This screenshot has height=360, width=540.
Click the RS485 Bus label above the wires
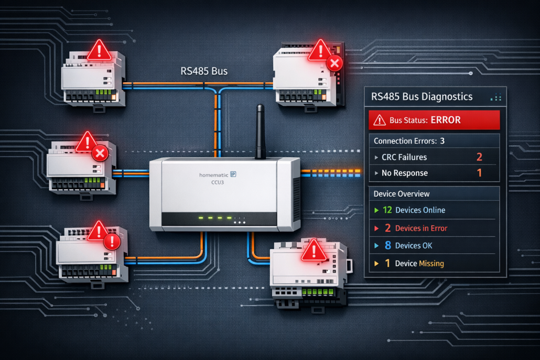point(201,71)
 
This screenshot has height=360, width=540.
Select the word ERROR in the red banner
point(446,120)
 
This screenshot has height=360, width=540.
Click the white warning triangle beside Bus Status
point(378,120)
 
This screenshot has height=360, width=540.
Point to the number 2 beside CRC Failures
point(479,157)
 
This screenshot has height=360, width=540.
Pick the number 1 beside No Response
point(479,172)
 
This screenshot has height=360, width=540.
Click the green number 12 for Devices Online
point(387,210)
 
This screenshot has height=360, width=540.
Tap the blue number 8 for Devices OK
point(387,245)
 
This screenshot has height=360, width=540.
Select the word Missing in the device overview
point(431,263)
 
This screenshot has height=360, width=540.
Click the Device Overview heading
point(402,193)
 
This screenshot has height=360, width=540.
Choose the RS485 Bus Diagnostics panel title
point(422,96)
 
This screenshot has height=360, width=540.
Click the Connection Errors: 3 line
point(409,140)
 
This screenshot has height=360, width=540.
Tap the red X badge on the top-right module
point(334,64)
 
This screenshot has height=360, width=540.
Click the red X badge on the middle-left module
point(100,154)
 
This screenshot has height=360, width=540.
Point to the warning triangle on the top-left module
point(99,50)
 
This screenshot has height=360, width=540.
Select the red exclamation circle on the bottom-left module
point(112,242)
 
